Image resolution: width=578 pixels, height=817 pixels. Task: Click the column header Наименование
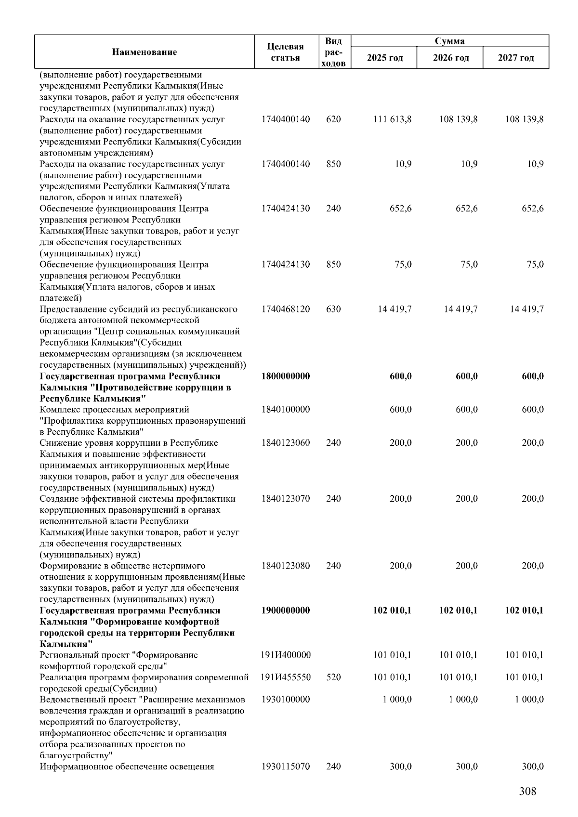[144, 52]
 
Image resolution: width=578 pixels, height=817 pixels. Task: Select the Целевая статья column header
[286, 52]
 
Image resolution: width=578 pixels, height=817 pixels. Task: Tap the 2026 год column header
[450, 58]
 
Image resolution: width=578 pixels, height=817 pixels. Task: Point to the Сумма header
[449, 41]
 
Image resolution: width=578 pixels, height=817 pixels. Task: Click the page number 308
[527, 791]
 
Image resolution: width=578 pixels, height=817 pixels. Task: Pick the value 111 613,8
[392, 119]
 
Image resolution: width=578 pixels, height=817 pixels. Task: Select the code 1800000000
[286, 376]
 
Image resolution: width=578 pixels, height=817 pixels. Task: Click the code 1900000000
[286, 610]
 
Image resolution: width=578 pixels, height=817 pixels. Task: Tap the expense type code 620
[333, 119]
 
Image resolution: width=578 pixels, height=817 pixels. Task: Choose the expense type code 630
[333, 309]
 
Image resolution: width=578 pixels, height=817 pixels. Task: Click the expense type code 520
[333, 677]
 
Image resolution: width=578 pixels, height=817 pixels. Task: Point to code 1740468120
[286, 309]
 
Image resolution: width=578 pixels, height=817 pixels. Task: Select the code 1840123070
[286, 498]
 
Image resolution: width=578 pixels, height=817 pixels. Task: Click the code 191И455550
[286, 677]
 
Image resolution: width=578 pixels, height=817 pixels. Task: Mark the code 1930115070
[286, 766]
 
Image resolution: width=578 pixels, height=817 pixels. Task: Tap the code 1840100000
[286, 409]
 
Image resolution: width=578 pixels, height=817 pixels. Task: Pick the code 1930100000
[286, 700]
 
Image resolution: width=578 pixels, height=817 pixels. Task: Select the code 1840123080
[286, 566]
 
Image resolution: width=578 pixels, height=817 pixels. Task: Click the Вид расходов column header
[333, 52]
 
